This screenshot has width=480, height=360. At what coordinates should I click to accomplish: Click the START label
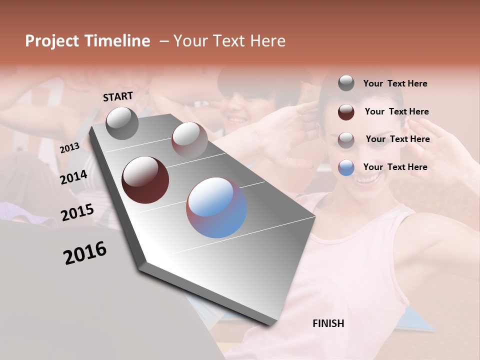[x=118, y=96]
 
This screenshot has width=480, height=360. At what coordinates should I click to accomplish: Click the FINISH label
[x=328, y=323]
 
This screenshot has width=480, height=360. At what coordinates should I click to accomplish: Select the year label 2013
[x=69, y=147]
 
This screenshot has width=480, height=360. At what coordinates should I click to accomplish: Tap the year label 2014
[x=74, y=177]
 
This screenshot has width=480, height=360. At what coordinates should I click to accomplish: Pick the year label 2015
[x=77, y=212]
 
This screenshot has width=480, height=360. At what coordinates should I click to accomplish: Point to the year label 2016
[x=85, y=253]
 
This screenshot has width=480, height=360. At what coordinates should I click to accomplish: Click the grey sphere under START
[x=122, y=123]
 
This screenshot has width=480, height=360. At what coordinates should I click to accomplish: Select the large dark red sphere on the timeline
[x=145, y=180]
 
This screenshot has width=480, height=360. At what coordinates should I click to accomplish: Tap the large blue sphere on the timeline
[x=216, y=207]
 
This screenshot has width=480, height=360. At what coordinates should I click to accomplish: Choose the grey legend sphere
[x=346, y=83]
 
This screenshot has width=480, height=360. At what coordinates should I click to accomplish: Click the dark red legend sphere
[x=346, y=112]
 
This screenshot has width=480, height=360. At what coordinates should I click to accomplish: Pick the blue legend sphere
[x=346, y=167]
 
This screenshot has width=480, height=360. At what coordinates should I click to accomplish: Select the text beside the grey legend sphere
[x=395, y=83]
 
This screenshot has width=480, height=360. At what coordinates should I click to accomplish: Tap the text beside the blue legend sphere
[x=395, y=167]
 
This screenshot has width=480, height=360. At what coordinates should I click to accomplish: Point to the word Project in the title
[x=52, y=41]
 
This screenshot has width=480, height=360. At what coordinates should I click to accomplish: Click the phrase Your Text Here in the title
[x=229, y=41]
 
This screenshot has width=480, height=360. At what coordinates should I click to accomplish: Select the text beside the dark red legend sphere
[x=396, y=111]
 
